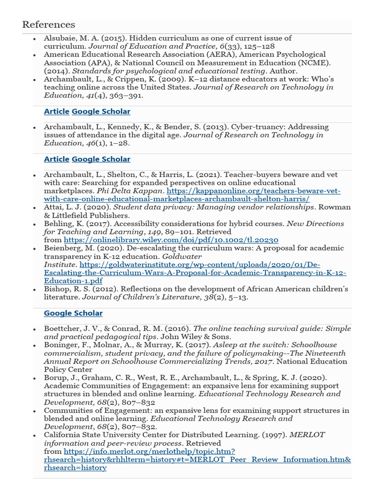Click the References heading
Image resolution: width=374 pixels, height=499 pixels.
(49, 24)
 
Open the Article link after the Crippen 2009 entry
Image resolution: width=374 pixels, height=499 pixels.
(56, 112)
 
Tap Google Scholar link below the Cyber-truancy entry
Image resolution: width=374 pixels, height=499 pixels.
(101, 159)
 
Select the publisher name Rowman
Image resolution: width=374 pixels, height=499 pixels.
(336, 207)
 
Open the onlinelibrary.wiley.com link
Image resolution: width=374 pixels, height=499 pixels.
(171, 240)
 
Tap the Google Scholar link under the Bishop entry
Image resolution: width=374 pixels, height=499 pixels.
(73, 313)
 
